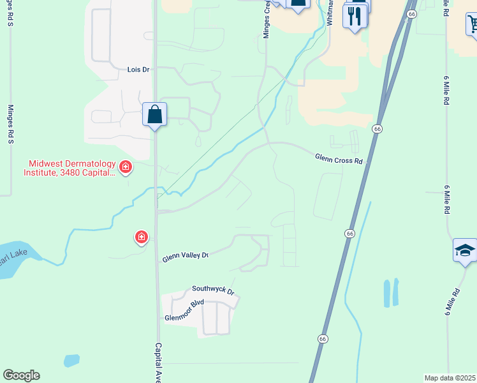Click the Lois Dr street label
[x=138, y=69]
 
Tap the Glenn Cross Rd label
[x=338, y=158]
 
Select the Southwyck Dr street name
[x=214, y=290]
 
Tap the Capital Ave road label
[x=158, y=363]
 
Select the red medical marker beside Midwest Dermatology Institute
[x=126, y=167]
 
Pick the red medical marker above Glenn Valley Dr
[x=141, y=237]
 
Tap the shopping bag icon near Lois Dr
[x=154, y=115]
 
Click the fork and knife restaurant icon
[x=356, y=15]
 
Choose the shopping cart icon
[x=473, y=24]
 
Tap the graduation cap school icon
[x=465, y=250]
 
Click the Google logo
[x=21, y=375]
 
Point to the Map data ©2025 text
[x=450, y=378]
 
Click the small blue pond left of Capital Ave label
[x=71, y=361]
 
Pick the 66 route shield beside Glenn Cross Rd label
[x=378, y=129]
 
